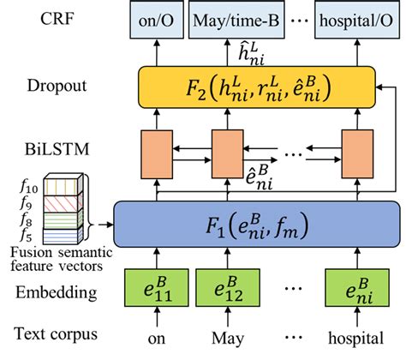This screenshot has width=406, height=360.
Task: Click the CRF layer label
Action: click(x=39, y=17)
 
